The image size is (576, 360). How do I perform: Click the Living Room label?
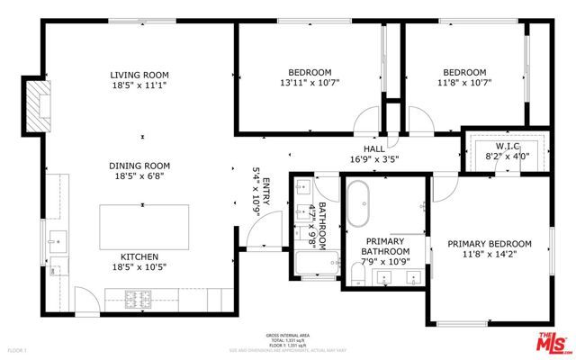(139, 75)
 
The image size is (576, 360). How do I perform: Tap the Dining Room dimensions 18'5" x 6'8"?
(139, 178)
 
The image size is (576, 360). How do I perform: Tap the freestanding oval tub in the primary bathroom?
(358, 205)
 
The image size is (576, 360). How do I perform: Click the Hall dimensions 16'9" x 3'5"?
(381, 159)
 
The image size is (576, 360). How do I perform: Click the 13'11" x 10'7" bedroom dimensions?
(310, 85)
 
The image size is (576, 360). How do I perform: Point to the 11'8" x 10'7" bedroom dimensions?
(464, 85)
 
